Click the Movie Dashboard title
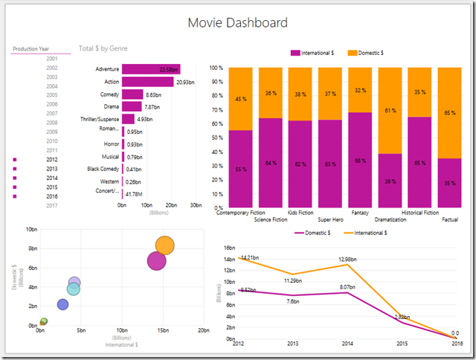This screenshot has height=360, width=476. (x=237, y=23)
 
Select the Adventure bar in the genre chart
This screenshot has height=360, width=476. (x=149, y=69)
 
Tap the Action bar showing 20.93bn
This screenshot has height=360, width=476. (x=148, y=82)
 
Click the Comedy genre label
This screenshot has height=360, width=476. (x=109, y=95)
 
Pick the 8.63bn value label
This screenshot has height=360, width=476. (x=154, y=95)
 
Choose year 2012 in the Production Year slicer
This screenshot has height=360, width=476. (x=52, y=160)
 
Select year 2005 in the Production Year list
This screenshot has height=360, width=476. (x=52, y=95)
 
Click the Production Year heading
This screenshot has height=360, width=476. (x=30, y=49)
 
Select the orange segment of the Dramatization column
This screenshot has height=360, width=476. (x=390, y=110)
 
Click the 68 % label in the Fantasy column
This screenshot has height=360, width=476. (x=361, y=161)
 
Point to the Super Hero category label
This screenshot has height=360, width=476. (x=331, y=219)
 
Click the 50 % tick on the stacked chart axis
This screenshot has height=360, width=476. (x=216, y=138)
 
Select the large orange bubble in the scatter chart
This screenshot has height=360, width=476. (x=165, y=245)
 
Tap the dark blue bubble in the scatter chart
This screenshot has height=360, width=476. (x=62, y=304)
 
